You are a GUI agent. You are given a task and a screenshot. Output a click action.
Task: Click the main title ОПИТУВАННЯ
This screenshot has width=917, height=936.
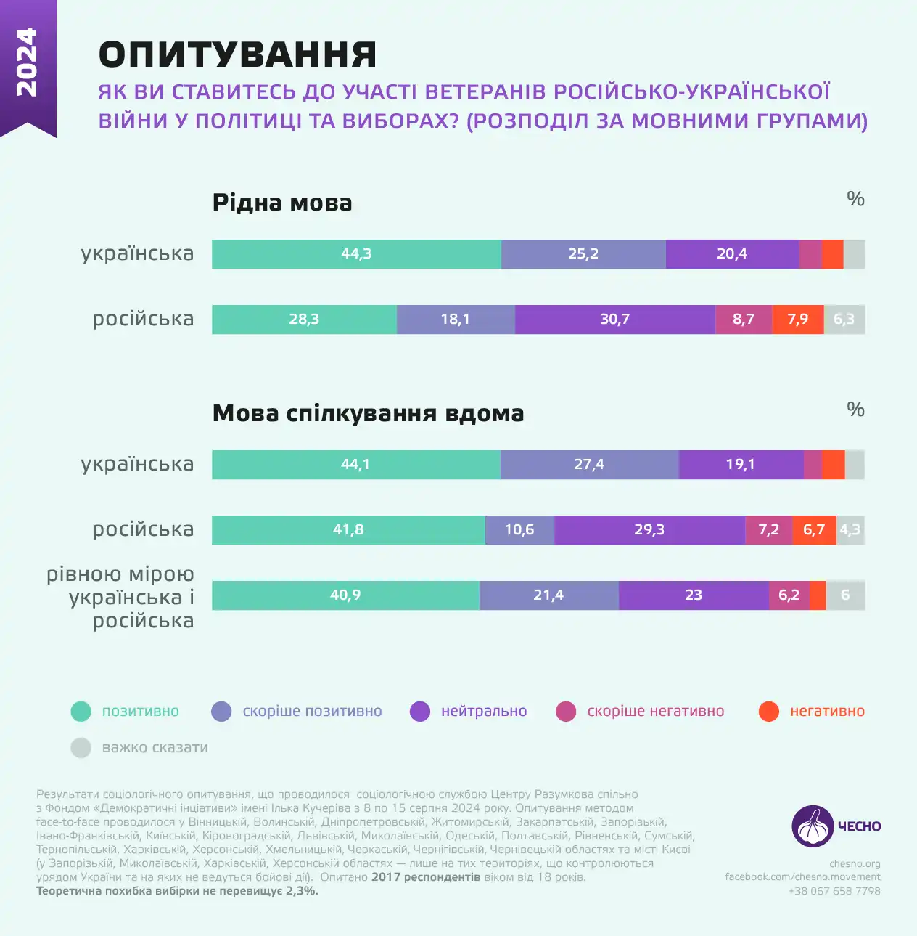coord(237,55)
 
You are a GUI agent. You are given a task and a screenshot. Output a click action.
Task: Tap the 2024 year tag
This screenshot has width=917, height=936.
coord(27,62)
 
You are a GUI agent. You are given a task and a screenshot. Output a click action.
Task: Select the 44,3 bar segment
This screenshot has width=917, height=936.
coord(356,254)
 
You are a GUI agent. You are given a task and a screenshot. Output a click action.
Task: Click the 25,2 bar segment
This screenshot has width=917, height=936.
coord(583,254)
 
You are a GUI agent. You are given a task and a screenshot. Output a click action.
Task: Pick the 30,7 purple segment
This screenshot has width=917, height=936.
coord(614,320)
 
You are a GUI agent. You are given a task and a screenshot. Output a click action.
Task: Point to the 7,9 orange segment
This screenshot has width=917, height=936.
coord(797,320)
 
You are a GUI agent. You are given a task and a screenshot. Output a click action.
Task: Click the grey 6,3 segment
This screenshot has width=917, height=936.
coord(844,320)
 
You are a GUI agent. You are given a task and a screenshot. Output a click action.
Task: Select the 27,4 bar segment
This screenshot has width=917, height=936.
coord(589,465)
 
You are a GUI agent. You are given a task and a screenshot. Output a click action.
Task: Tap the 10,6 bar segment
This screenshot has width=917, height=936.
coord(519,530)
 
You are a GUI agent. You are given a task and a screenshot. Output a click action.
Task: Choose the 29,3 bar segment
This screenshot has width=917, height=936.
coord(649,530)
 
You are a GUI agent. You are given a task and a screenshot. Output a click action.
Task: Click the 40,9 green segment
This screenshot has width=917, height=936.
coord(345,595)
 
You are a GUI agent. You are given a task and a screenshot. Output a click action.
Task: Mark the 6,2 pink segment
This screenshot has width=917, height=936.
coord(789,595)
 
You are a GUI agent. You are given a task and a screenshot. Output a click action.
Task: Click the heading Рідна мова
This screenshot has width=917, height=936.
coord(282,203)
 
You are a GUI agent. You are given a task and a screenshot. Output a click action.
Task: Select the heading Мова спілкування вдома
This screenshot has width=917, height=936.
coord(368,413)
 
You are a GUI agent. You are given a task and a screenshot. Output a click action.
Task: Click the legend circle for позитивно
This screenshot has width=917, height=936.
coord(81,712)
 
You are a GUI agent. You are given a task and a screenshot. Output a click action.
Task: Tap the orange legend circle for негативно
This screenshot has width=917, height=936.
coord(769,712)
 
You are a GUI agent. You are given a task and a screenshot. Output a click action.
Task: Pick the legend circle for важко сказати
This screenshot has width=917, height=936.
coord(81,748)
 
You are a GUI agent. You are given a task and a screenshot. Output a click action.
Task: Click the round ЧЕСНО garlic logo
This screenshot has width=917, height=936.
coord(813,826)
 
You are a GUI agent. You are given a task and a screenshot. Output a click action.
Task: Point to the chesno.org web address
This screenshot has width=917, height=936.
coord(855,864)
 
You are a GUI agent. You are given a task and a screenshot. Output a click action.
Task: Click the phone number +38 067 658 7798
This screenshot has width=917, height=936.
coord(834,891)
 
